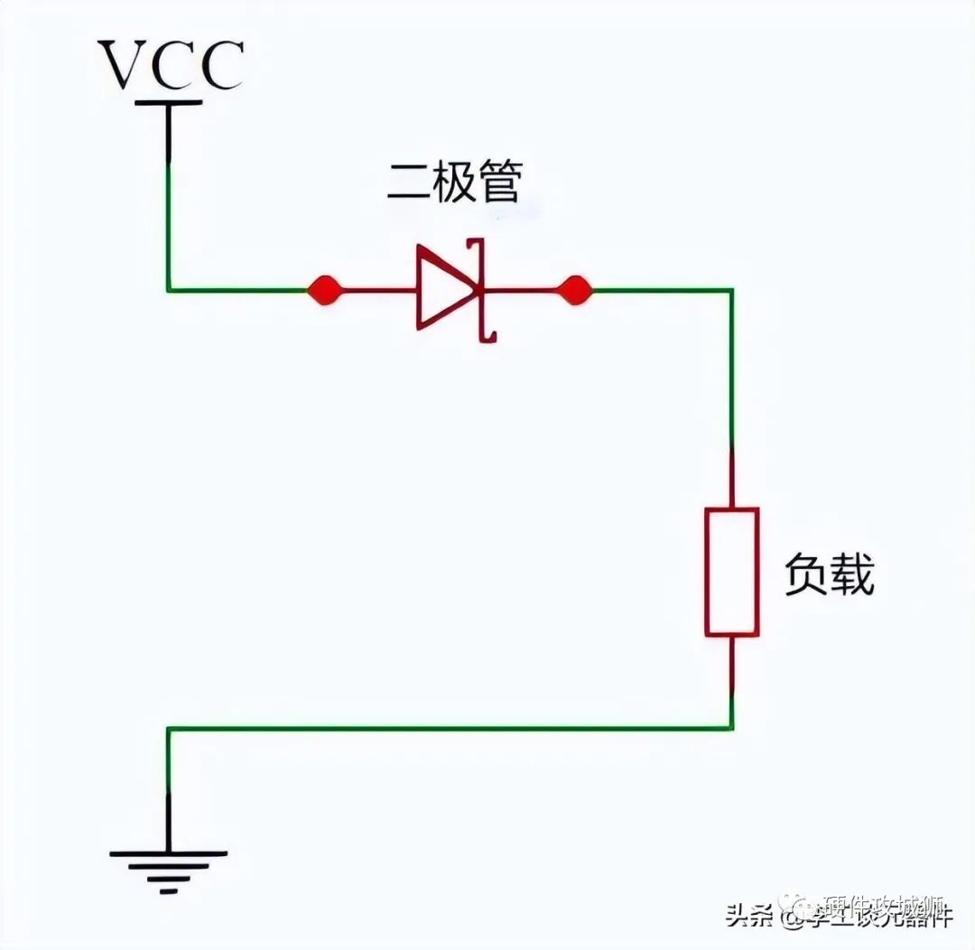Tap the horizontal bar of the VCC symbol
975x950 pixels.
click(168, 102)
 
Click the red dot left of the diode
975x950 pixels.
click(324, 291)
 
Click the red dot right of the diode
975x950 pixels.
click(574, 291)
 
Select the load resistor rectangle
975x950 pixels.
click(731, 571)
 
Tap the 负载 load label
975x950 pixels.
click(829, 574)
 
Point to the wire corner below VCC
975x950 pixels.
click(168, 291)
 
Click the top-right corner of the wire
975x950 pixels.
click(731, 291)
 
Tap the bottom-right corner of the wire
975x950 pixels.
click(731, 728)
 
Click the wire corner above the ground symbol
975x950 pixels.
click(168, 728)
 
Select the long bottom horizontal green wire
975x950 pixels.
click(451, 728)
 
